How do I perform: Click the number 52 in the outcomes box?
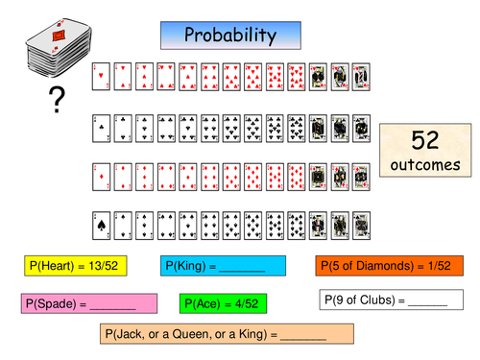(x=424, y=140)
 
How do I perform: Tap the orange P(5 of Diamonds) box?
(x=395, y=266)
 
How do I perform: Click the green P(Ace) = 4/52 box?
(x=222, y=303)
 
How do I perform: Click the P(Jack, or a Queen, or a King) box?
(x=227, y=335)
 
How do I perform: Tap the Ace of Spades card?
(x=100, y=223)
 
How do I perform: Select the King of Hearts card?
(x=361, y=77)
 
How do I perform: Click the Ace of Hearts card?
(x=100, y=77)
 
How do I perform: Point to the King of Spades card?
(x=361, y=223)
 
